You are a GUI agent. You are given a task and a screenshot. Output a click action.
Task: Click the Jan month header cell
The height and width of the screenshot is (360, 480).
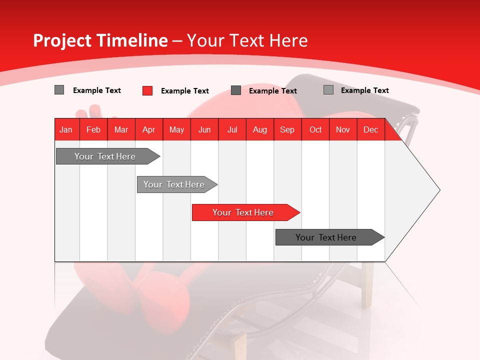pyautogui.click(x=66, y=129)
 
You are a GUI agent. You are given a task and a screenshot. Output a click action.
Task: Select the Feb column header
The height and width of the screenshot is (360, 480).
pyautogui.click(x=93, y=129)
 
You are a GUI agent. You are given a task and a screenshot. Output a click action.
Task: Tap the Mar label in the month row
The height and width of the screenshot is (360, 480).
pyautogui.click(x=121, y=129)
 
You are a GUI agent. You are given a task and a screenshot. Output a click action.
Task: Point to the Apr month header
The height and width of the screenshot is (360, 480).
pyautogui.click(x=149, y=129)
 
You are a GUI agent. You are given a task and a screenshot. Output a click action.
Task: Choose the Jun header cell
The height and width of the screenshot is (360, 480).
pyautogui.click(x=204, y=129)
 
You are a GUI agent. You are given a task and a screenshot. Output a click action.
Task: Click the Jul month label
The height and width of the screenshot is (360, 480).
pyautogui.click(x=232, y=129)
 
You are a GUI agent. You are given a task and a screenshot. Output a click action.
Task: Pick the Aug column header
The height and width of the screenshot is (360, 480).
pyautogui.click(x=260, y=129)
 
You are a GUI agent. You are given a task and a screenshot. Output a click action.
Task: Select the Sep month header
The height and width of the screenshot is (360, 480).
pyautogui.click(x=287, y=129)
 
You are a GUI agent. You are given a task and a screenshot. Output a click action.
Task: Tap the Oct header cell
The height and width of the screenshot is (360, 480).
pyautogui.click(x=315, y=129)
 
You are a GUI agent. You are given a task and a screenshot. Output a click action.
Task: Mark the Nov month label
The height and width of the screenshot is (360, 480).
pyautogui.click(x=343, y=129)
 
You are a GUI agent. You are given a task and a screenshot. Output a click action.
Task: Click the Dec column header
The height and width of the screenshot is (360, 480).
pyautogui.click(x=371, y=129)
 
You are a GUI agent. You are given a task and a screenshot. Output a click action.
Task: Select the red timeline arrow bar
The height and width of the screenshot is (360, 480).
pyautogui.click(x=243, y=212)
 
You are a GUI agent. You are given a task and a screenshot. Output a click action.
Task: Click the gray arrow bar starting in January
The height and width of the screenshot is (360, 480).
pyautogui.click(x=105, y=156)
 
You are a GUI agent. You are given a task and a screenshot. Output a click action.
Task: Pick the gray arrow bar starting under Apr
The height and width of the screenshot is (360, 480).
pyautogui.click(x=174, y=184)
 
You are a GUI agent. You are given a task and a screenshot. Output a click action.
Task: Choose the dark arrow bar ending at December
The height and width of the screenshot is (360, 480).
pyautogui.click(x=326, y=237)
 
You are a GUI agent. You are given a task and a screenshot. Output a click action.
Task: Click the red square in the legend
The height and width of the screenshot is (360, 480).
pyautogui.click(x=147, y=90)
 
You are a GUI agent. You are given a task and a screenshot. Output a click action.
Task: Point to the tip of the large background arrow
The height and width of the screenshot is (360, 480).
pyautogui.click(x=439, y=190)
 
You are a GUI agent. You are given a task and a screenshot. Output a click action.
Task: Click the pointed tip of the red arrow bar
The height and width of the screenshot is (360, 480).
pyautogui.click(x=299, y=212)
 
